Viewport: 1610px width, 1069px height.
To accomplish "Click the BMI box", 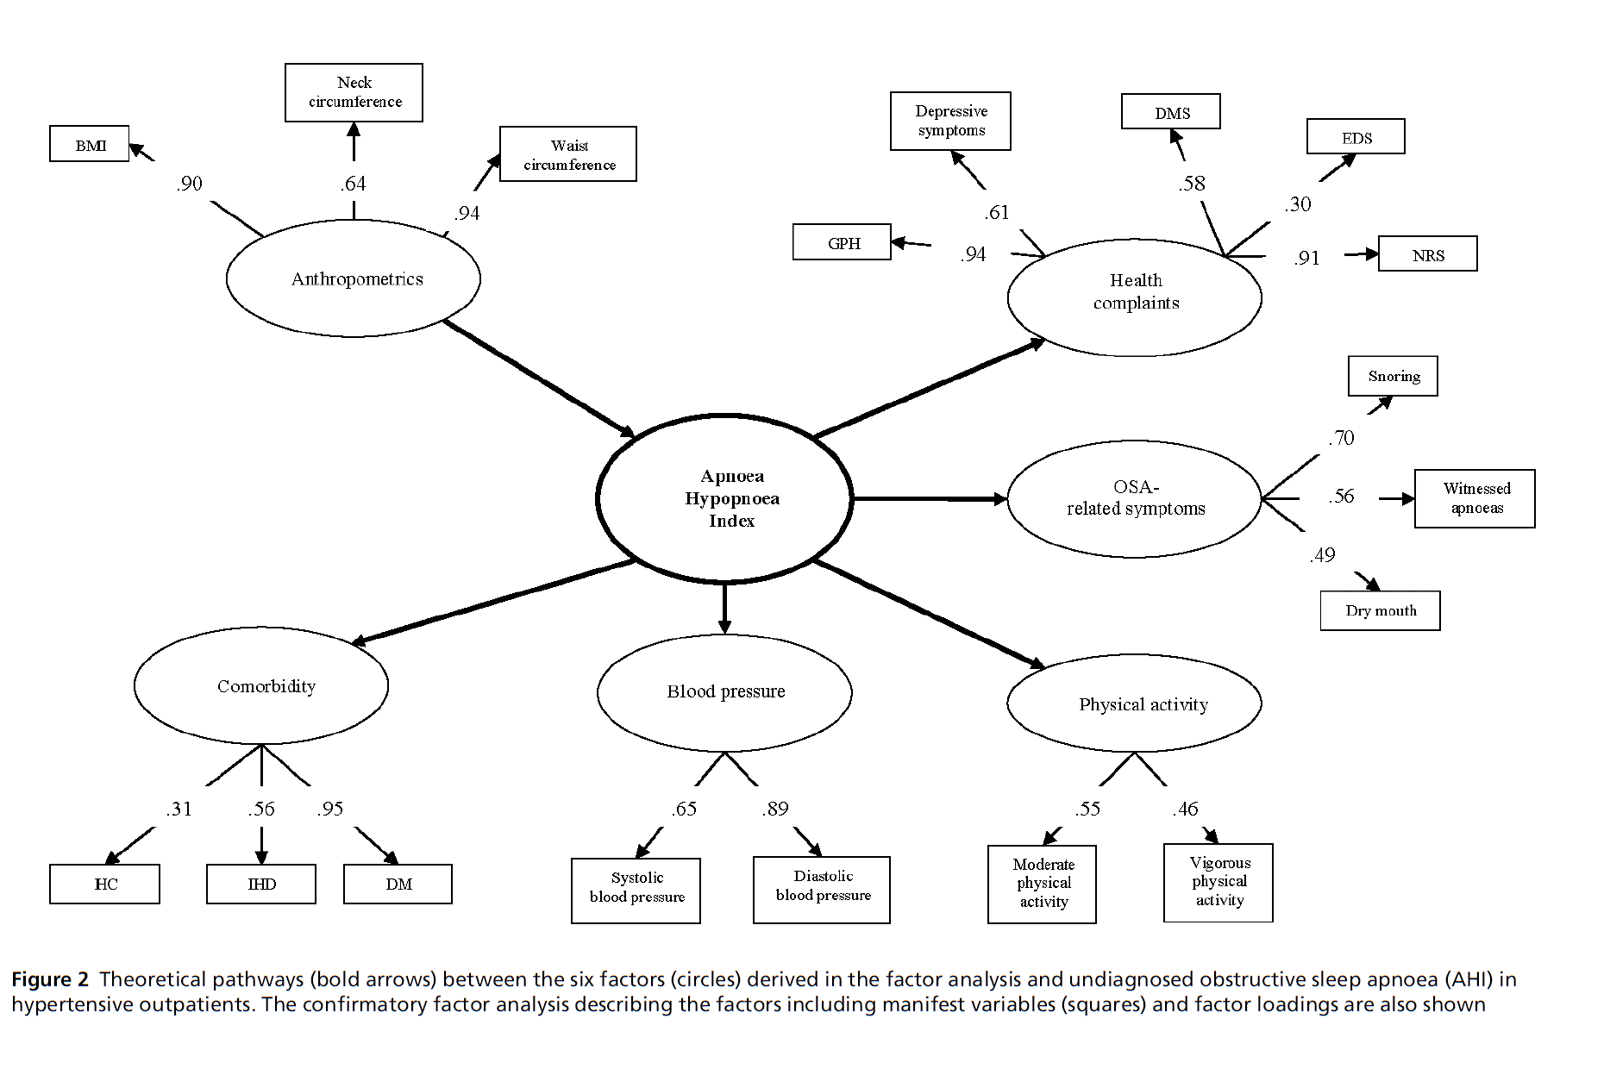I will point(90,144).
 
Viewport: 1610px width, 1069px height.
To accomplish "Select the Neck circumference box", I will point(354,92).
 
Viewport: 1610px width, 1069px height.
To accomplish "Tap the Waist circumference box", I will point(568,154).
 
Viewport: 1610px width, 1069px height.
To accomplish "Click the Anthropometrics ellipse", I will point(354,278).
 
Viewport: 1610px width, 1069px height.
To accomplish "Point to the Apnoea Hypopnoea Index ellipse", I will point(724,498).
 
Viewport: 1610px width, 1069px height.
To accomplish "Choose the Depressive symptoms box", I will point(950,121).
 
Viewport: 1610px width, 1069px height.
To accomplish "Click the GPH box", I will point(842,243).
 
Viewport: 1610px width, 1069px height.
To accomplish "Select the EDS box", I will point(1356,137).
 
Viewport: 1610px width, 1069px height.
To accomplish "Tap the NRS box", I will point(1427,254).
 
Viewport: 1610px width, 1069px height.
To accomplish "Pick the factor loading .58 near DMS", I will point(1193,184).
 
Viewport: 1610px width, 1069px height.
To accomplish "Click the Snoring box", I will point(1393,376).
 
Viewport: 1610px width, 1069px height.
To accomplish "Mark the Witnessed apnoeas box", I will point(1475,498).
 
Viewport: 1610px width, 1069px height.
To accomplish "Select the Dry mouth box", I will point(1380,610).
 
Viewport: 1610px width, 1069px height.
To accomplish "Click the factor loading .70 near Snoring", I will point(1341,438).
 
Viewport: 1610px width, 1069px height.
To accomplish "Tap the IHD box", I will point(261,884).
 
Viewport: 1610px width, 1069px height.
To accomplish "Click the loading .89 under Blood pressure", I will point(775,809).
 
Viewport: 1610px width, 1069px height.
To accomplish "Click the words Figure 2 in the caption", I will point(49,979).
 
